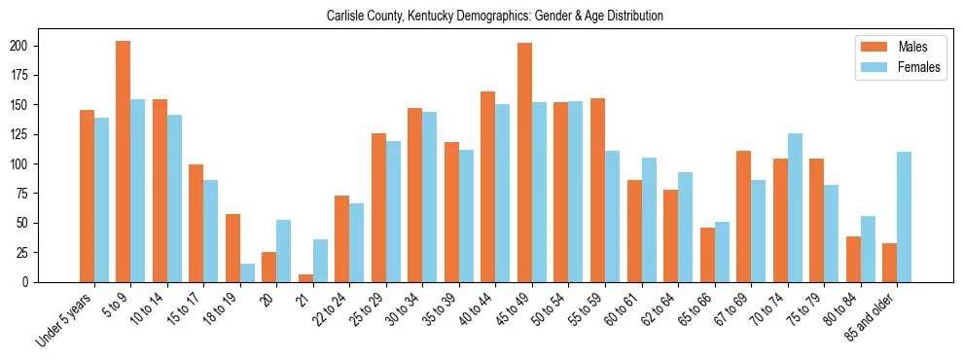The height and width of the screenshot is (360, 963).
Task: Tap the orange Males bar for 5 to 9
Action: (124, 162)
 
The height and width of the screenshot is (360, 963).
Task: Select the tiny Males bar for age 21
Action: (305, 278)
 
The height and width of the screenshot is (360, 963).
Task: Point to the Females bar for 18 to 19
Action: (247, 272)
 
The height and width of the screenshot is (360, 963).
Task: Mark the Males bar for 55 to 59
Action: (597, 190)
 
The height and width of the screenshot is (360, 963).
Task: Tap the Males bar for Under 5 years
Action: (87, 196)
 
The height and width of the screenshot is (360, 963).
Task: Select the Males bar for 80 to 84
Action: (853, 259)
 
